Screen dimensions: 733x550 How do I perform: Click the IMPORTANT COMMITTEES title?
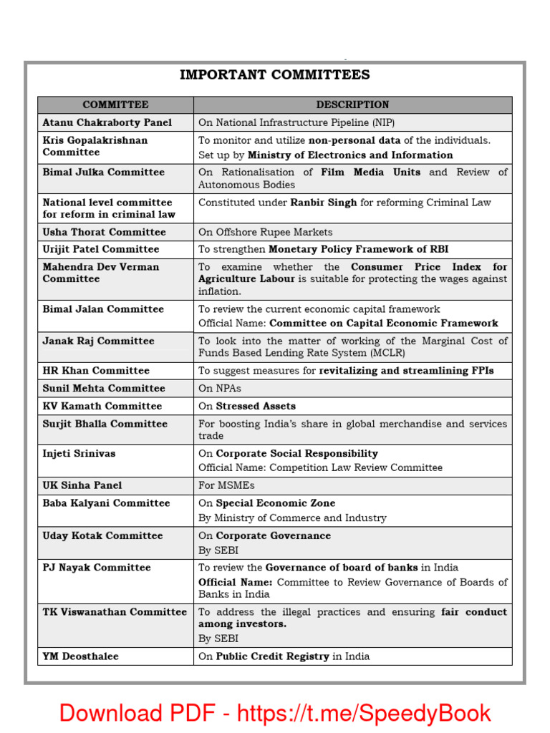(x=275, y=75)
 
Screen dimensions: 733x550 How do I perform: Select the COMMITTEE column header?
(x=115, y=105)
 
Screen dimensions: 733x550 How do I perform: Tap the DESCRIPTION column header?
(x=352, y=105)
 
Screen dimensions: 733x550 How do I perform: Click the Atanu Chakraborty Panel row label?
(x=107, y=122)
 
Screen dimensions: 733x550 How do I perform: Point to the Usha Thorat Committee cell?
(x=104, y=232)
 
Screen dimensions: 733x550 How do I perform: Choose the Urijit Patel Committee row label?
(x=100, y=249)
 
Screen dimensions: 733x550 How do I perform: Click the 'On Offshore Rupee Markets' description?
(x=265, y=232)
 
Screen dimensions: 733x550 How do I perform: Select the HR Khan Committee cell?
(x=96, y=371)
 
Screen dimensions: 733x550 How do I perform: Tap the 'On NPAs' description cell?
(x=219, y=388)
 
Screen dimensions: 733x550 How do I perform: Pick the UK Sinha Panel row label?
(x=82, y=485)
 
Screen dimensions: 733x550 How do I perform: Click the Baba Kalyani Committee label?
(x=106, y=503)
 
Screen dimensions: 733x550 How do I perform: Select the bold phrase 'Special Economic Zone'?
(x=275, y=503)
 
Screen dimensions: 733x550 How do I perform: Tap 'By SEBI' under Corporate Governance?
(x=218, y=550)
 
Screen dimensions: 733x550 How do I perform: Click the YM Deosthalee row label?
(x=81, y=656)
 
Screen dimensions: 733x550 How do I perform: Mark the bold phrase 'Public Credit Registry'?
(x=272, y=656)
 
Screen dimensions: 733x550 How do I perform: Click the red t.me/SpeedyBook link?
(x=364, y=713)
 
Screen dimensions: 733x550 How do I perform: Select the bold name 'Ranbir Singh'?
(x=323, y=203)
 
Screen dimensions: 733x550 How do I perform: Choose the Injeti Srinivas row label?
(x=79, y=453)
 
